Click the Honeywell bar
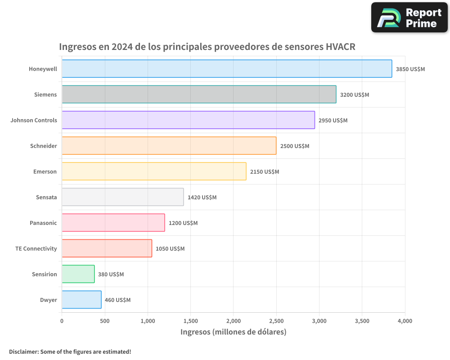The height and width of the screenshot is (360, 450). (x=227, y=69)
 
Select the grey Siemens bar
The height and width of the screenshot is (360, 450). (x=199, y=94)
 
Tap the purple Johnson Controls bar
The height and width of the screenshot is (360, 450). (x=188, y=120)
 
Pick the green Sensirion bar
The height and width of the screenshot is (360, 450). (x=78, y=274)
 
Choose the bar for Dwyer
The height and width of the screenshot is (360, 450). (x=81, y=300)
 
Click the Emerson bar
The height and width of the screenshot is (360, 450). (x=154, y=171)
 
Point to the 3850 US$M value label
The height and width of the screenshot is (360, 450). (x=410, y=69)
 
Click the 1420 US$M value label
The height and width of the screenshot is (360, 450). (x=202, y=198)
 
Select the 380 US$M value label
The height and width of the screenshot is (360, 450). (x=111, y=274)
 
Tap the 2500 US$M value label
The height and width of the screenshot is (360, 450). (x=294, y=146)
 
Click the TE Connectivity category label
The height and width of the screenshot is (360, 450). (x=36, y=248)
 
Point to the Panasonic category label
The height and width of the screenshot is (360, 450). (x=43, y=223)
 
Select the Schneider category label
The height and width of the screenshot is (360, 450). (x=44, y=146)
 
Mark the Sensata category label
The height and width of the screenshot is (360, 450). (x=46, y=197)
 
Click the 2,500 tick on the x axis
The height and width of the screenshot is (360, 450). (x=276, y=321)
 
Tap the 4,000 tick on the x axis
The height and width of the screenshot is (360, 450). (x=405, y=321)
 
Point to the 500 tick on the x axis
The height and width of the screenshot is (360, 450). (x=104, y=321)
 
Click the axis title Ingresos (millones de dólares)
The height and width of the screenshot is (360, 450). (x=233, y=332)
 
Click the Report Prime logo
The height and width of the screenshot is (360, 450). (x=409, y=18)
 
